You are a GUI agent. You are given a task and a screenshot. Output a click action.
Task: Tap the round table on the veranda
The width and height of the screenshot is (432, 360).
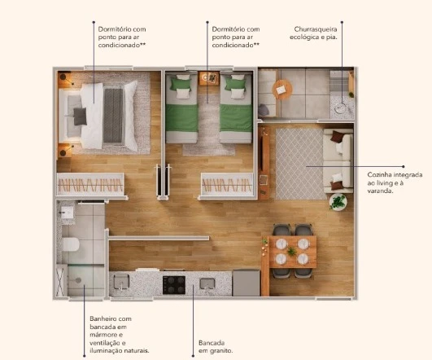click(283, 88)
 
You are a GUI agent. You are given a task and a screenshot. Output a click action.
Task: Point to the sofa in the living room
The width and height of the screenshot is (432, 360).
click(338, 159)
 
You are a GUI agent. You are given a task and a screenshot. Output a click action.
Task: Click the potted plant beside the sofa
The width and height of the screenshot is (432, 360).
click(338, 201)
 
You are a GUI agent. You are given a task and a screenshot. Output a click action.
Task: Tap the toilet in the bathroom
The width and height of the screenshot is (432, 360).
click(71, 244)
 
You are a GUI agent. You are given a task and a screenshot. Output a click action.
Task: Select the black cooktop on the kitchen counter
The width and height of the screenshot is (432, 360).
click(174, 284)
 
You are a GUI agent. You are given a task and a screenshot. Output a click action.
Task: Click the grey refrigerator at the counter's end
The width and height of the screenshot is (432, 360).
click(246, 283)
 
